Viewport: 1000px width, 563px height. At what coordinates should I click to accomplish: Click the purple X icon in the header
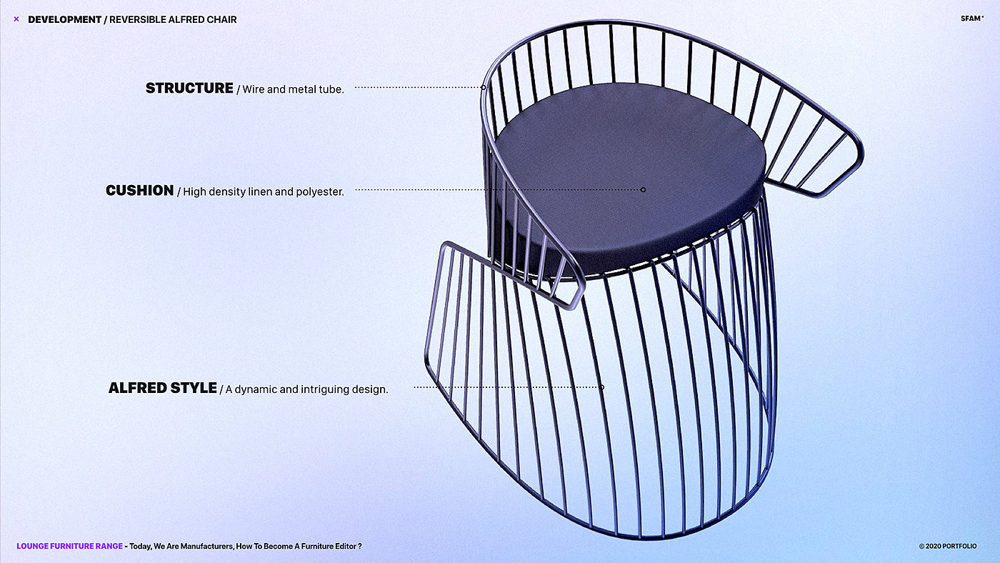(16, 19)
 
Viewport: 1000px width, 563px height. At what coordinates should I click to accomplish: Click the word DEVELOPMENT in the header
(64, 19)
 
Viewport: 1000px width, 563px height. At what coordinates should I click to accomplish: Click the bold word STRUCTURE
(189, 88)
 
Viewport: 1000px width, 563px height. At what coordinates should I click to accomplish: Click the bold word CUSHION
(140, 190)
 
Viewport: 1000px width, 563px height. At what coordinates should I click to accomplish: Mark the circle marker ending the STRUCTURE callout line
(484, 87)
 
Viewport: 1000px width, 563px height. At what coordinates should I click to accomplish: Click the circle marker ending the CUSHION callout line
(643, 189)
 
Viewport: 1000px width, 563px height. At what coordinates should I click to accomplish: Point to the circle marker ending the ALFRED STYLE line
(601, 387)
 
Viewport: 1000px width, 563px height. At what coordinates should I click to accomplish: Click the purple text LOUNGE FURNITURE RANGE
(69, 546)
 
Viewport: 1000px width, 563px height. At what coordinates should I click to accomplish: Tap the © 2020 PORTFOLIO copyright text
(947, 546)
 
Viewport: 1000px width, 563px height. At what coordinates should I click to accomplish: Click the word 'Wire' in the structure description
(254, 89)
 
